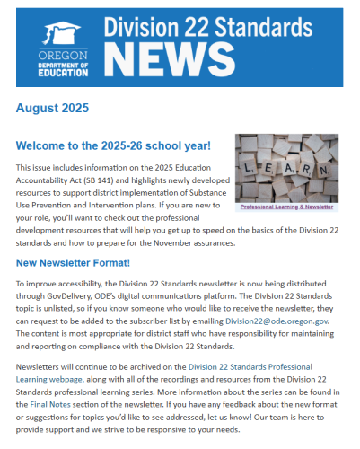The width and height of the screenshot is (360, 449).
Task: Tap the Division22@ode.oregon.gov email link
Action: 285,320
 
